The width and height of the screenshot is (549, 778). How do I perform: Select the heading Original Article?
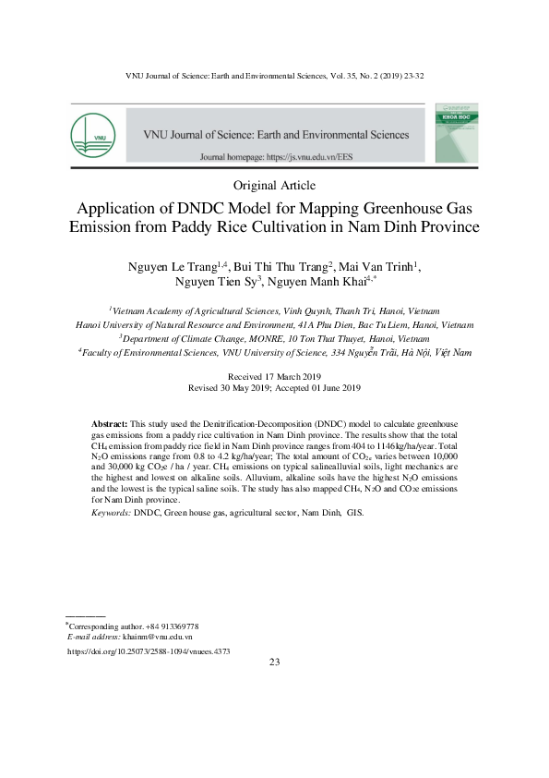pos(273,185)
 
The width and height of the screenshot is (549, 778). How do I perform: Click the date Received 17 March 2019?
pos(273,377)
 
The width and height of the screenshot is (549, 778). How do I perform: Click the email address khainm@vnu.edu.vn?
pos(157,637)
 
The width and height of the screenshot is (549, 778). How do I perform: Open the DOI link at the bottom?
pos(149,651)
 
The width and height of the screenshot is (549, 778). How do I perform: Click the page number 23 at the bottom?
pos(274,663)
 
